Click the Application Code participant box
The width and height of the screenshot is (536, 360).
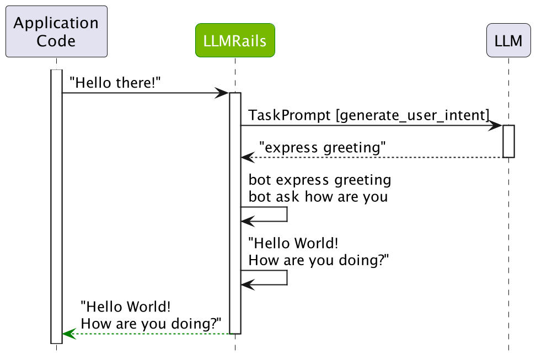pos(56,31)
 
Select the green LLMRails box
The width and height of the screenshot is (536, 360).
pos(235,41)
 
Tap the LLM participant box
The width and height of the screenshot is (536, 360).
pos(508,41)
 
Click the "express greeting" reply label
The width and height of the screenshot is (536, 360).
pos(322,147)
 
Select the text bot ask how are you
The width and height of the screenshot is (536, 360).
pos(318,196)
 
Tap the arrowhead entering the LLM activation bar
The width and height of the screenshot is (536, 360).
pos(497,126)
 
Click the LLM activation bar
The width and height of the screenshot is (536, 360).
pos(508,141)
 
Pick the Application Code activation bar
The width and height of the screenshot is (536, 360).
pos(56,206)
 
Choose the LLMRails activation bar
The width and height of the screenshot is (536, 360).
pos(235,213)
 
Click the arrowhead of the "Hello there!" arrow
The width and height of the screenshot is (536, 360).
pos(223,93)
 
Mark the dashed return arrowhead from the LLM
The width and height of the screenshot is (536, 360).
pos(247,158)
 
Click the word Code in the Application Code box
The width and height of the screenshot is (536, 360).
pos(56,40)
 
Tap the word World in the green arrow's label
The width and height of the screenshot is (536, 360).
pos(152,307)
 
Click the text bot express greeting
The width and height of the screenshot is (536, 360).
pos(320,180)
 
